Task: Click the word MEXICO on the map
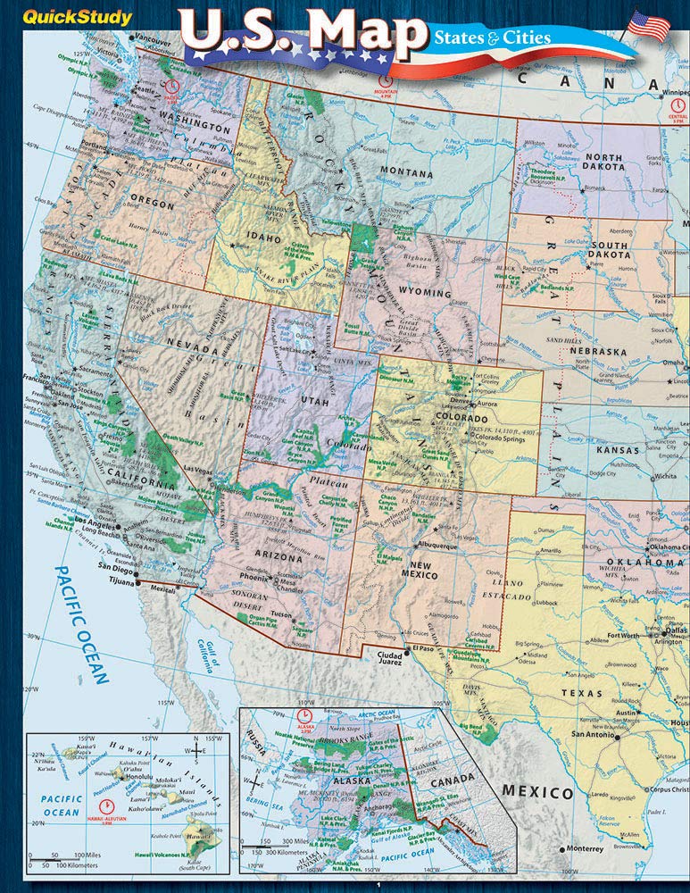click(536, 792)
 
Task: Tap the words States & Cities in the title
click(492, 38)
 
